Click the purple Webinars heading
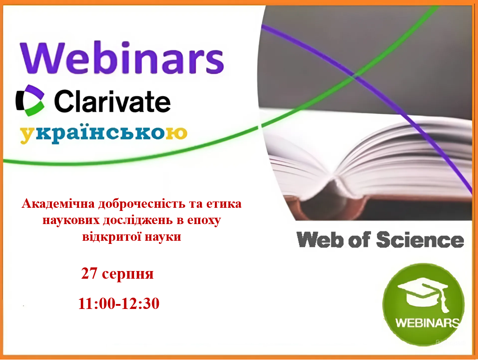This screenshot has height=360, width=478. click(122, 58)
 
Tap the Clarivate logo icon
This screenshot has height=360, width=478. click(30, 100)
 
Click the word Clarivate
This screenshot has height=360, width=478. click(112, 101)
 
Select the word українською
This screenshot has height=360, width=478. click(104, 134)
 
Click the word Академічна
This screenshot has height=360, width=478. click(58, 204)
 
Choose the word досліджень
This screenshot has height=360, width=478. click(138, 220)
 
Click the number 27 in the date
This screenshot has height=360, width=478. click(89, 273)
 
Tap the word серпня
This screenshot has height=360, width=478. click(128, 274)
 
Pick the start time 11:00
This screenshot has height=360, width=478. click(97, 303)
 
